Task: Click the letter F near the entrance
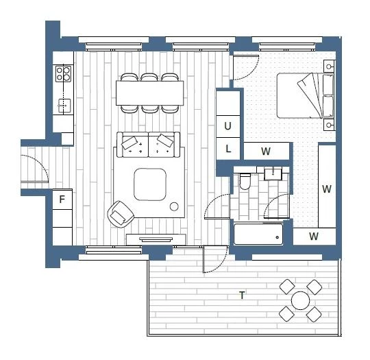62,200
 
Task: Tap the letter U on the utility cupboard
227,126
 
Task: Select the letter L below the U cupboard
228,149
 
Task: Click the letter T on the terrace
242,296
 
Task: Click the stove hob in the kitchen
63,73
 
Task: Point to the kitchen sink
64,106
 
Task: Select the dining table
149,93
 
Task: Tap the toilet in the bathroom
245,181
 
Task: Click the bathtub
258,235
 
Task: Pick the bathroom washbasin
273,174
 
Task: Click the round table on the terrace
300,300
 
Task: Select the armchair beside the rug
121,214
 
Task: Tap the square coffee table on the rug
150,184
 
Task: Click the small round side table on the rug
174,206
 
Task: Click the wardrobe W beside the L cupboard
266,151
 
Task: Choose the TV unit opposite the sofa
156,239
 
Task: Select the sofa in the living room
149,145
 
